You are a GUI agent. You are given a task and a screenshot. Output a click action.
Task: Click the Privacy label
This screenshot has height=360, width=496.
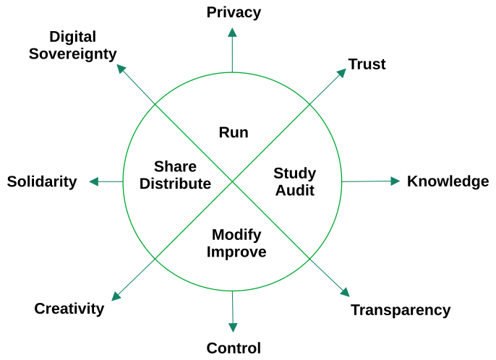click(x=233, y=12)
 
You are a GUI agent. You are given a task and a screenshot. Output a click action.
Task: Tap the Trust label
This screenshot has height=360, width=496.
click(x=367, y=64)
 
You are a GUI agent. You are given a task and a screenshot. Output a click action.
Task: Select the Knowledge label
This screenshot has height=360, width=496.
click(x=448, y=181)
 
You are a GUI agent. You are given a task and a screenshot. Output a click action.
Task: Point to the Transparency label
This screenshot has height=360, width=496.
click(x=400, y=310)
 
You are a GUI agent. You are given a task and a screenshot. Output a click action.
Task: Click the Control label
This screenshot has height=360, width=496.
click(x=234, y=348)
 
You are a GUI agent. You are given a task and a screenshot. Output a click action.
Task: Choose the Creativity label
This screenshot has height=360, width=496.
click(x=69, y=309)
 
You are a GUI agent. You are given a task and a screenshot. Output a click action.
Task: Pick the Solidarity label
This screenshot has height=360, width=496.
click(x=42, y=181)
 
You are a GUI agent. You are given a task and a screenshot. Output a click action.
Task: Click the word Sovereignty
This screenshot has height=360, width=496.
click(x=72, y=53)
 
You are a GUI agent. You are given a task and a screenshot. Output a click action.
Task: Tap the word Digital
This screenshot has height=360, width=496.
click(x=72, y=37)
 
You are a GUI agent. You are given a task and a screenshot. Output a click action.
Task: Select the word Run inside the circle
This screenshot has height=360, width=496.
click(x=234, y=132)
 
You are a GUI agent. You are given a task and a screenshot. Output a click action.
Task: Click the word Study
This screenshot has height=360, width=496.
click(x=294, y=173)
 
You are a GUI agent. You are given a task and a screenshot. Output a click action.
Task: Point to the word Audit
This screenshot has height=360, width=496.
click(x=294, y=191)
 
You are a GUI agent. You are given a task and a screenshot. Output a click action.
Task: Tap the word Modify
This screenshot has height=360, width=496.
click(x=236, y=235)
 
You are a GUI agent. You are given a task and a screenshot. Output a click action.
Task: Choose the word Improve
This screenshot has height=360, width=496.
click(x=236, y=252)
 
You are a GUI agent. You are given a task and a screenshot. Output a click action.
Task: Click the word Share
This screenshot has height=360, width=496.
click(x=175, y=166)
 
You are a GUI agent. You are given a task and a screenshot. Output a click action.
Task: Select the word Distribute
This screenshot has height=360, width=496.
click(x=175, y=184)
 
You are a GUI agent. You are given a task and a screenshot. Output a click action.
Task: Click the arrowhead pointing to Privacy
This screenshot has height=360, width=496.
click(x=232, y=32)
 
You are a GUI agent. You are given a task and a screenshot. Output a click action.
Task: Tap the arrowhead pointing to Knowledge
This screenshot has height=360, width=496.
click(x=395, y=181)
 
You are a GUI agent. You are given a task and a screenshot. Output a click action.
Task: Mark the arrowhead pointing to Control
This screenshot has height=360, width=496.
click(x=233, y=327)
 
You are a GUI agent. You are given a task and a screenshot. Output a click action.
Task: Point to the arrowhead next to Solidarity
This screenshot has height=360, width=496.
click(x=94, y=181)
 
